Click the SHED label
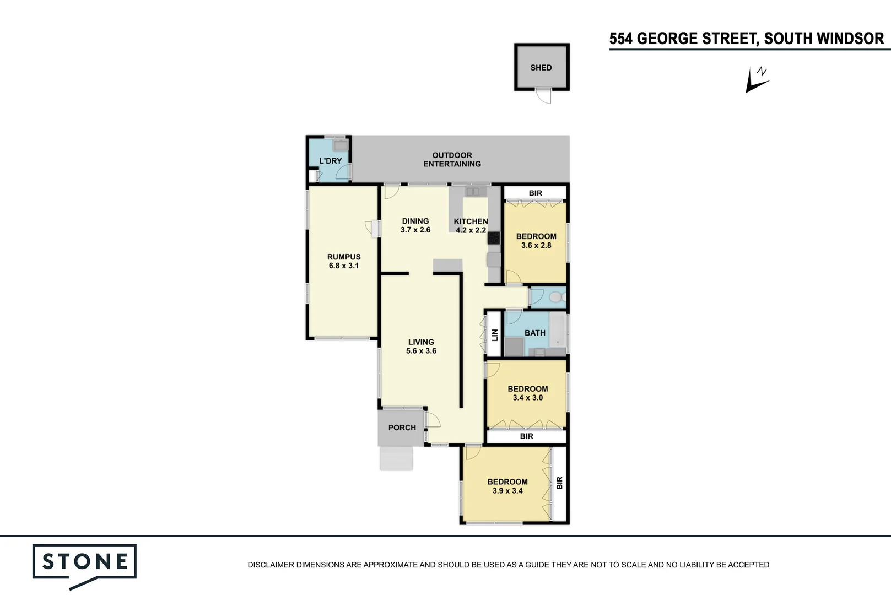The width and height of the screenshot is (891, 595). [541, 68]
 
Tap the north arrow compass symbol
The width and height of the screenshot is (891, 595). [757, 80]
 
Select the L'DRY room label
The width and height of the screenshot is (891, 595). [330, 161]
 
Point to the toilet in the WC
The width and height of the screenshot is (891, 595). [556, 297]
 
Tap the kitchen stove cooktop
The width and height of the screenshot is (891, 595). [493, 238]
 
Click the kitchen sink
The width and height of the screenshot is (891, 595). [473, 192]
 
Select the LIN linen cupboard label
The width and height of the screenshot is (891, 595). [494, 334]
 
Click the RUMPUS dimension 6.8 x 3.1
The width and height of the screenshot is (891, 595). [344, 266]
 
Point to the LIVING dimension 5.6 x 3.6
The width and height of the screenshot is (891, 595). [421, 351]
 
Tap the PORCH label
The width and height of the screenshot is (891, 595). [402, 428]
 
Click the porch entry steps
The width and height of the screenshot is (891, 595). [396, 458]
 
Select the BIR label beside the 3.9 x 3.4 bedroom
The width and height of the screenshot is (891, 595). [559, 483]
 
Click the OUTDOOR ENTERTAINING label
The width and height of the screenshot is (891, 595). [452, 160]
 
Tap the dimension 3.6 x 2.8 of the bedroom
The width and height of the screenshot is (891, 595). [536, 245]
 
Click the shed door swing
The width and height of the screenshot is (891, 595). [544, 96]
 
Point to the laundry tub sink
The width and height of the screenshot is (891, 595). [340, 145]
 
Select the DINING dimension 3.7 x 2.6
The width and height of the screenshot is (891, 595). [415, 230]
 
